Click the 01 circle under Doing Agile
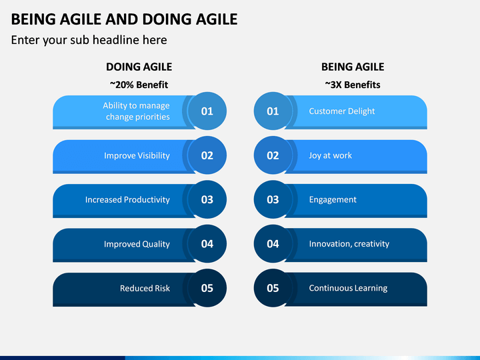pos(207,111)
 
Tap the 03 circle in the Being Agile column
pos(273,199)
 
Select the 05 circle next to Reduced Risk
pos(207,288)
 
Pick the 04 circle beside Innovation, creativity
pos(273,244)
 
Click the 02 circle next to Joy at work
pos(273,155)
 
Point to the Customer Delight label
pos(341,111)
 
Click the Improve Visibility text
pos(137,155)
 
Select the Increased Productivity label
pos(127,199)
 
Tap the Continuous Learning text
pos(348,288)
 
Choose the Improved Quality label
pos(137,244)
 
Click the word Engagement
pos(333,200)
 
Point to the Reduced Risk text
pos(145,288)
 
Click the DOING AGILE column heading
pos(139,67)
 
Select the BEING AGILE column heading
pos(353,67)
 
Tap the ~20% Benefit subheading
pos(139,85)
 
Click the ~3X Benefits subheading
pos(353,85)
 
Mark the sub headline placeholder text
pos(89,40)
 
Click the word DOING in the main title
pos(167,19)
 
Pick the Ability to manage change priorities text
pos(136,111)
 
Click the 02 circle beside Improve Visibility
pos(207,155)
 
